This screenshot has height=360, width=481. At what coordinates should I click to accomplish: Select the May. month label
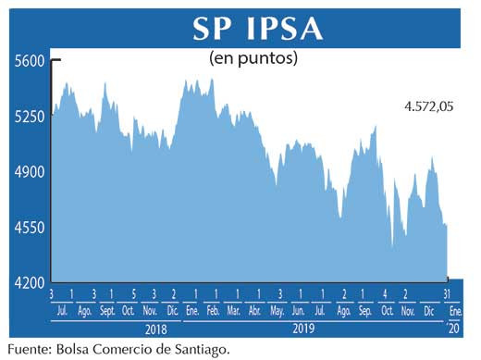(278, 309)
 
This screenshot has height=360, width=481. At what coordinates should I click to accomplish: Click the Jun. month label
(300, 309)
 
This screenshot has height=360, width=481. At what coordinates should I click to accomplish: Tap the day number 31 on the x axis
(449, 293)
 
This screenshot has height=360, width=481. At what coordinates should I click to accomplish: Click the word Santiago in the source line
(196, 349)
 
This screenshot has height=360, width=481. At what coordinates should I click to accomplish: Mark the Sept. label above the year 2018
(107, 309)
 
